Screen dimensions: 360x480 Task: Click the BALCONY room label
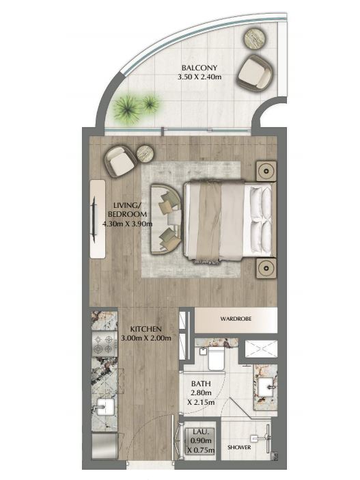click(x=199, y=68)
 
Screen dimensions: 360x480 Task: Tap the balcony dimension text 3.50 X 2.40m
click(x=199, y=77)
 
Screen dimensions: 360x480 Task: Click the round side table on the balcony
click(x=256, y=38)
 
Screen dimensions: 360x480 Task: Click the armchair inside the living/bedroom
click(x=119, y=161)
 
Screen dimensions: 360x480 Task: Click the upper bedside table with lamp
click(x=266, y=171)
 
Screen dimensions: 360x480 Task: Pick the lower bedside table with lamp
click(x=266, y=268)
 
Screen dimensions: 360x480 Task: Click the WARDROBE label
click(x=236, y=319)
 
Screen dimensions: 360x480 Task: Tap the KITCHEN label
click(x=146, y=329)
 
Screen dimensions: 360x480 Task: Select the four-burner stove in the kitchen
click(x=105, y=344)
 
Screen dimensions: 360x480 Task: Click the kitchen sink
click(x=104, y=406)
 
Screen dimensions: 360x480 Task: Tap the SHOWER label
click(x=239, y=447)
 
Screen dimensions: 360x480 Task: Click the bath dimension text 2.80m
click(x=202, y=392)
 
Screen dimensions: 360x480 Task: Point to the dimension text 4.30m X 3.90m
click(x=127, y=224)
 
